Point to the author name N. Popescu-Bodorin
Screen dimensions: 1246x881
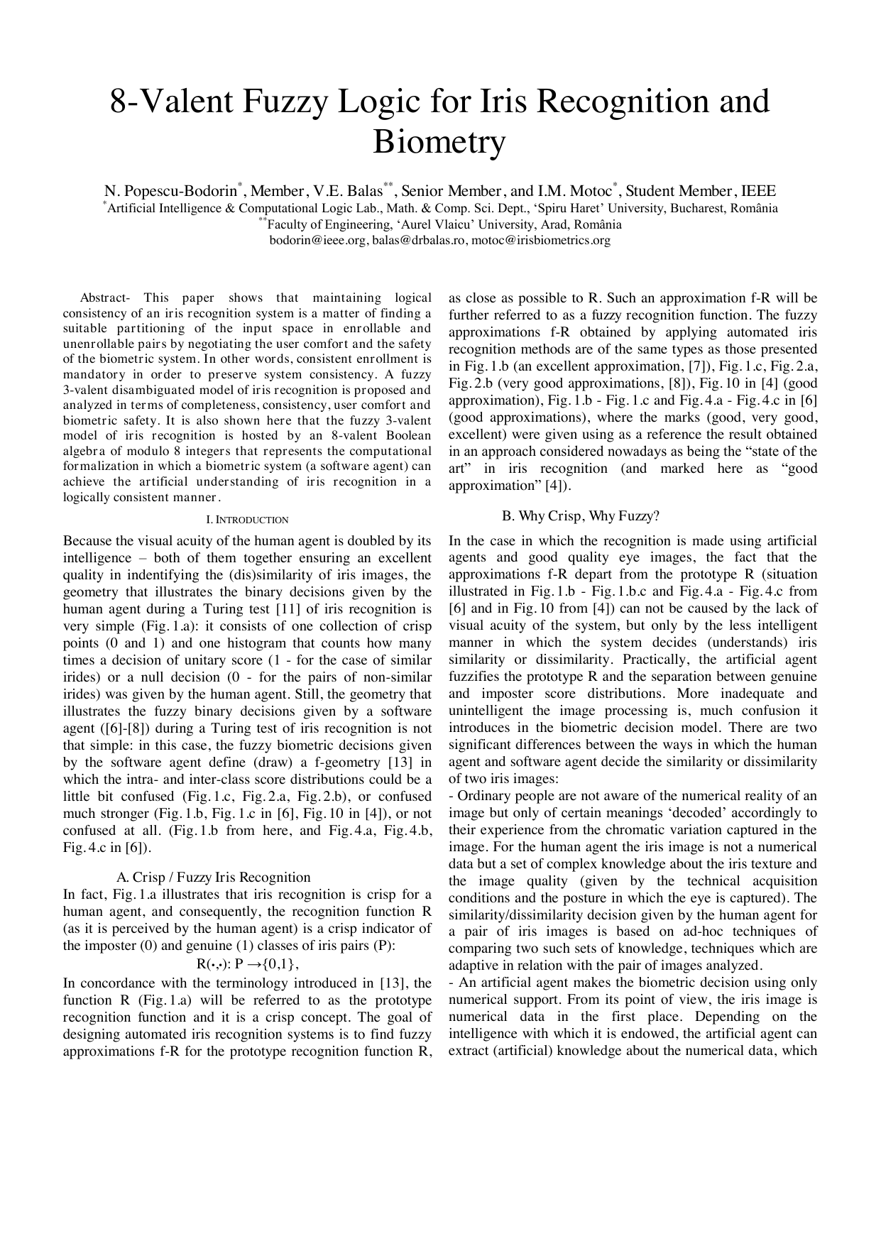point(170,191)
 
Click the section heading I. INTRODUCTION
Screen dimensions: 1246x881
point(247,520)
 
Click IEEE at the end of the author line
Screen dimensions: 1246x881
point(759,191)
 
